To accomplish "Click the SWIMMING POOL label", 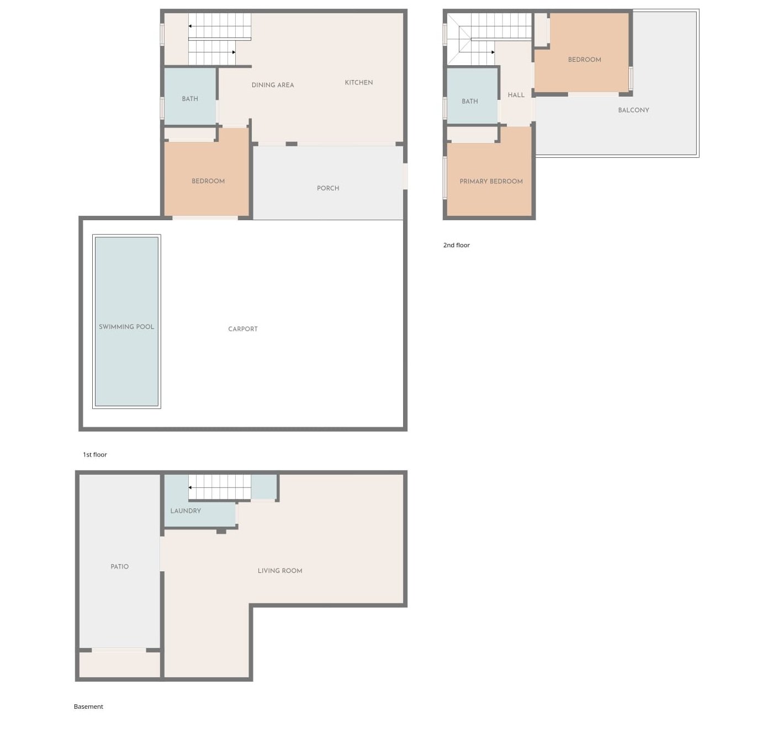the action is [126, 327].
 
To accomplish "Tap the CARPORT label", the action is [243, 329].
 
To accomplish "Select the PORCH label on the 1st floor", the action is [328, 188].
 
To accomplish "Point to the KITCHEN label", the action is [359, 83].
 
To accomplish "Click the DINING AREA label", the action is [273, 85].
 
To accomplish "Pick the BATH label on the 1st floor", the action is [190, 99].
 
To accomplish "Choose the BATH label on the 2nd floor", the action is [469, 101].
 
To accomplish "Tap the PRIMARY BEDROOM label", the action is [491, 182].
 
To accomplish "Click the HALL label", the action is [516, 95].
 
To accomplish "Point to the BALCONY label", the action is [633, 110].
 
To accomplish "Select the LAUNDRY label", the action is [186, 511].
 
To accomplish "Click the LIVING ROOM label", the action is [279, 571].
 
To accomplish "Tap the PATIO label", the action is [120, 566].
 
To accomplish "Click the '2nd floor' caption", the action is [457, 245].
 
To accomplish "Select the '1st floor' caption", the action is [94, 454].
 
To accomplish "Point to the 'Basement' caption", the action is [88, 706].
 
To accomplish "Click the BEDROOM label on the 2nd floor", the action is [584, 60].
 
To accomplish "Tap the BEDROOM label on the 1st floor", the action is [208, 181].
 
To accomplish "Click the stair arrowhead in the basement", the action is [190, 487].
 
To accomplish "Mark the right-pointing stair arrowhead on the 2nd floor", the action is [493, 52].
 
